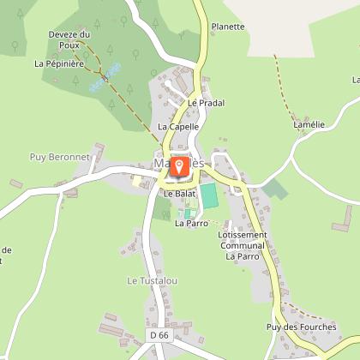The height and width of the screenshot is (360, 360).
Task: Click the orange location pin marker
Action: pyautogui.click(x=179, y=166)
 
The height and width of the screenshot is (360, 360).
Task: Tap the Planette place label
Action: pyautogui.click(x=227, y=27)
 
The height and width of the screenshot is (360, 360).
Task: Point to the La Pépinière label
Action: pyautogui.click(x=57, y=63)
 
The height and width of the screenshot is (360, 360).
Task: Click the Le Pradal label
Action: pyautogui.click(x=206, y=103)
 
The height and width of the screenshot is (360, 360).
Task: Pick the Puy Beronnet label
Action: pyautogui.click(x=53, y=156)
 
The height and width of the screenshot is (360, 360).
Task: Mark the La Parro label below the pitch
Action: pyautogui.click(x=191, y=223)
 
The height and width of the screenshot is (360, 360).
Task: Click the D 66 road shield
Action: pyautogui.click(x=159, y=335)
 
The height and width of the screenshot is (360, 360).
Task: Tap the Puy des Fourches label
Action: pyautogui.click(x=301, y=326)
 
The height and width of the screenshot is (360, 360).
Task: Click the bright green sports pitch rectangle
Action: pyautogui.click(x=209, y=195)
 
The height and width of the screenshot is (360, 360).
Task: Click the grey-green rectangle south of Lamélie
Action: pyautogui.click(x=274, y=189)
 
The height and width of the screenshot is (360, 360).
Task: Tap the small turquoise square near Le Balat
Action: pyautogui.click(x=189, y=213)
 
